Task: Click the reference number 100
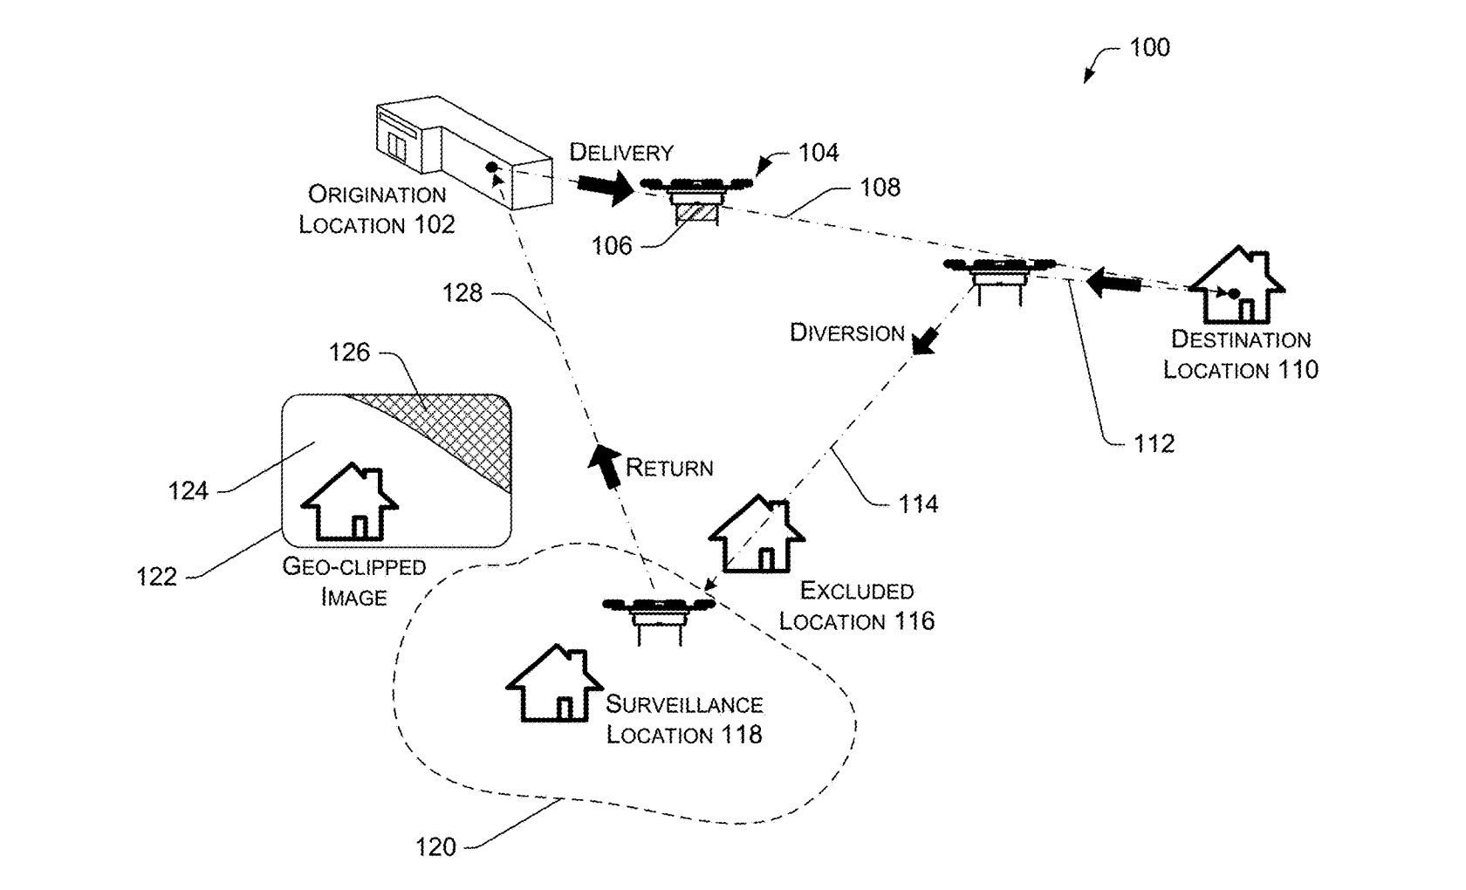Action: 1150,47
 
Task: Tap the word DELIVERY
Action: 621,153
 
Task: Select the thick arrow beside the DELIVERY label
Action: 606,187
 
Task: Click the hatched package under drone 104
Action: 696,213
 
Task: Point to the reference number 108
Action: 880,187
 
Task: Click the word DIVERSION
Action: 846,332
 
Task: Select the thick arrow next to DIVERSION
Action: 926,340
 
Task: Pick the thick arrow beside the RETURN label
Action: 605,465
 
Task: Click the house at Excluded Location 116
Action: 757,534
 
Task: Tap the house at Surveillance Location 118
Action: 554,683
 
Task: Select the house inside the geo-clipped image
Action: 349,502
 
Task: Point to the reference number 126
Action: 349,353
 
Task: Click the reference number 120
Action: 436,846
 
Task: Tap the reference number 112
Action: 1154,443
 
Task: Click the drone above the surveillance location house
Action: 659,619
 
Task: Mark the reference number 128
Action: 462,292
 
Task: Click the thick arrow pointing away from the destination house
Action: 1113,283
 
